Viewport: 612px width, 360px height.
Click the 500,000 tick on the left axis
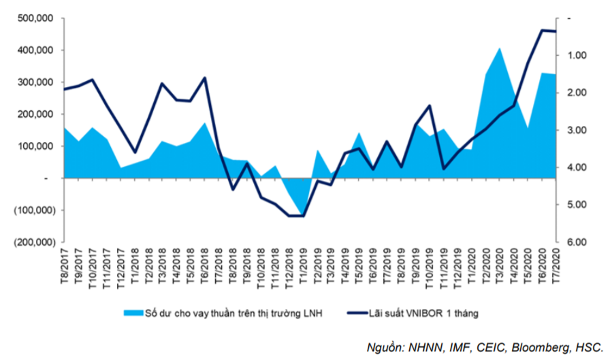tap(35, 18)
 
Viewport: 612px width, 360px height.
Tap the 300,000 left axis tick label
tap(35, 82)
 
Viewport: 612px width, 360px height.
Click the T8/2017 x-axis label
tap(65, 266)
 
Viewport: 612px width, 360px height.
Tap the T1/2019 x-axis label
tap(303, 266)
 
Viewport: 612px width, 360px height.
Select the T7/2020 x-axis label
tap(555, 266)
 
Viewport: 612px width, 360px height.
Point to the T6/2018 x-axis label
tap(205, 266)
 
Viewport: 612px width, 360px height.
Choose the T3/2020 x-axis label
tap(500, 266)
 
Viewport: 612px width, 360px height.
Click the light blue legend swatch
tap(133, 313)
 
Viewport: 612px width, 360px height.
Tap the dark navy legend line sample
tap(357, 313)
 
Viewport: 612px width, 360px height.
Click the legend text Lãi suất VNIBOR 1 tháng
tap(423, 313)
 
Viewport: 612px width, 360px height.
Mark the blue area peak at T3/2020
tap(500, 48)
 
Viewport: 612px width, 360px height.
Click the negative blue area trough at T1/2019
tap(303, 216)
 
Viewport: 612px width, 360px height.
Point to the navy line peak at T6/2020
tap(542, 30)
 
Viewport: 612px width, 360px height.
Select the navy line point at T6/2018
tap(205, 78)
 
